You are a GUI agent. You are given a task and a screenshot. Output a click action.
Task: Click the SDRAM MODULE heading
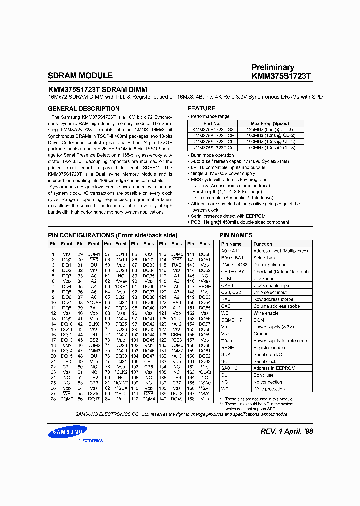(x=80, y=76)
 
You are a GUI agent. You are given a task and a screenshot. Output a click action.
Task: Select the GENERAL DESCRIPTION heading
(x=83, y=108)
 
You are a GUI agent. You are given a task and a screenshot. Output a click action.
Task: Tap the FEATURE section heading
(x=201, y=108)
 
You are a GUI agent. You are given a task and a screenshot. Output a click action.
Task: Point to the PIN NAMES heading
(x=236, y=235)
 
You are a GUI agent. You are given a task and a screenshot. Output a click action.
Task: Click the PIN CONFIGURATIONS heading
(x=112, y=235)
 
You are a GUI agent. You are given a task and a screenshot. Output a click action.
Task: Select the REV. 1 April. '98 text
(x=287, y=432)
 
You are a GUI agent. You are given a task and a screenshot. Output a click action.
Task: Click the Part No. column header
(x=212, y=123)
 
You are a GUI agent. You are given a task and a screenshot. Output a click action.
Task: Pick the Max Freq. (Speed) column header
(x=270, y=123)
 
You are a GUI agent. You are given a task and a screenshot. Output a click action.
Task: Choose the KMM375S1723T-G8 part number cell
(x=213, y=129)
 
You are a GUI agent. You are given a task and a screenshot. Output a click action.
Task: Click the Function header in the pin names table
(x=263, y=244)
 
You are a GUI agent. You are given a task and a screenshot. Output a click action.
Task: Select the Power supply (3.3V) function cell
(x=273, y=327)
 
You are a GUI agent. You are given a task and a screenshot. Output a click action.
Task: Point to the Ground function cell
(x=261, y=334)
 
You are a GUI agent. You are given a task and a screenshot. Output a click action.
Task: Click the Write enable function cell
(x=266, y=313)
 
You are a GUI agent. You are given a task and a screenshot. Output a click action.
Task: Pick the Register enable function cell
(x=269, y=347)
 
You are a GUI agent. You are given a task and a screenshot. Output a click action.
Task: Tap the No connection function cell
(x=268, y=382)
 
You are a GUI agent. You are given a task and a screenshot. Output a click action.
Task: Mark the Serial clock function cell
(x=265, y=361)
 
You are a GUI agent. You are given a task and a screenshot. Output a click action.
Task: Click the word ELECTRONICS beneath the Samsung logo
(x=90, y=441)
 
